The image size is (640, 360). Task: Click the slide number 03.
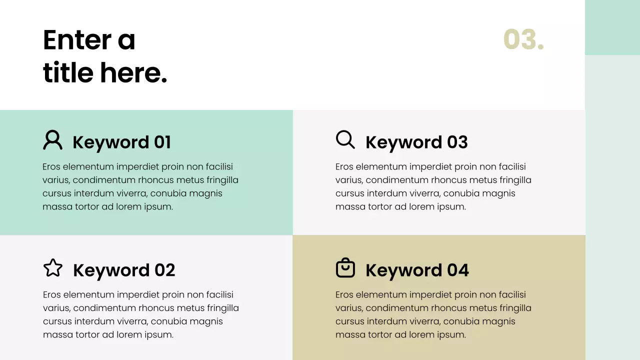pyautogui.click(x=523, y=39)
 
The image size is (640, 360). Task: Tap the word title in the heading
pyautogui.click(x=68, y=73)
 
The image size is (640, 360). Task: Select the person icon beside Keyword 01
pyautogui.click(x=52, y=140)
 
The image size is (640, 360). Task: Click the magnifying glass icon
pyautogui.click(x=345, y=139)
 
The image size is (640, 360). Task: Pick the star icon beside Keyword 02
pyautogui.click(x=53, y=268)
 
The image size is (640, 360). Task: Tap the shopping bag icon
pyautogui.click(x=345, y=268)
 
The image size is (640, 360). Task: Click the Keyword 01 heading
pyautogui.click(x=121, y=142)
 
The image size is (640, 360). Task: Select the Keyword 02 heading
pyautogui.click(x=124, y=270)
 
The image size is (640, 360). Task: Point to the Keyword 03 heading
pyautogui.click(x=416, y=142)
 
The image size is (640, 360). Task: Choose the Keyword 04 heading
pyautogui.click(x=417, y=270)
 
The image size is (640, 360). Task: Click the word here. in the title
pyautogui.click(x=133, y=73)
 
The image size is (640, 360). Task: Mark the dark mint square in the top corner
pyautogui.click(x=612, y=27)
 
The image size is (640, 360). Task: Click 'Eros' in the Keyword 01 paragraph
pyautogui.click(x=51, y=167)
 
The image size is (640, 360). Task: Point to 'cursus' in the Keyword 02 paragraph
pyautogui.click(x=56, y=321)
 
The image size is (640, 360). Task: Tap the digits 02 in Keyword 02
pyautogui.click(x=164, y=270)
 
